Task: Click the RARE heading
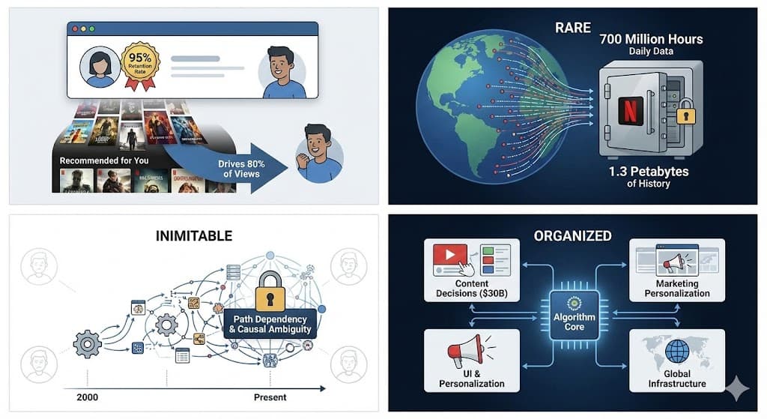pos(573,28)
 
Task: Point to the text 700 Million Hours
pos(651,39)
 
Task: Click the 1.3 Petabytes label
pos(648,171)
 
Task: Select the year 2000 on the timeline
pos(88,397)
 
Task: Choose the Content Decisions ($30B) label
pos(472,289)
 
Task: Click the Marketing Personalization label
pos(676,289)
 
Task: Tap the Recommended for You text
pos(104,160)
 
